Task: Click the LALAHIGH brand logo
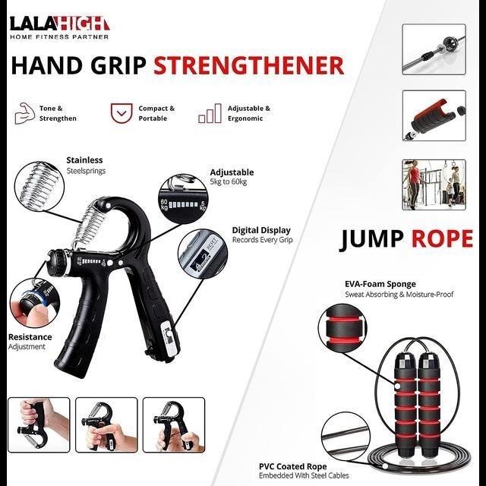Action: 59,27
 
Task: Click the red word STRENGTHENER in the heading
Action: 248,65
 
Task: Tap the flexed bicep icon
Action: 25,113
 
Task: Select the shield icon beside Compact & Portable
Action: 121,113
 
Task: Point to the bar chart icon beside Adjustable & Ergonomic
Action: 210,113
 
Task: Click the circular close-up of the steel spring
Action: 39,186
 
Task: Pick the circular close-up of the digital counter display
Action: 203,254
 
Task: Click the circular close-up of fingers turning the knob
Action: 35,303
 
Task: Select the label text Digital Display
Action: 261,230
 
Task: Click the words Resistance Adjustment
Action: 30,342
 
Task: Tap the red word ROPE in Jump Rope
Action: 442,238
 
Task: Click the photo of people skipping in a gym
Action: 434,185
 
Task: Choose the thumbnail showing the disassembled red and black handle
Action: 434,115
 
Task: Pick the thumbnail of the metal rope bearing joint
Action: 434,49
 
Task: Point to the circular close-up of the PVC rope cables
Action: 346,437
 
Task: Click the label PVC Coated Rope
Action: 293,466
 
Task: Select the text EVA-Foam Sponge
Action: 380,284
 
